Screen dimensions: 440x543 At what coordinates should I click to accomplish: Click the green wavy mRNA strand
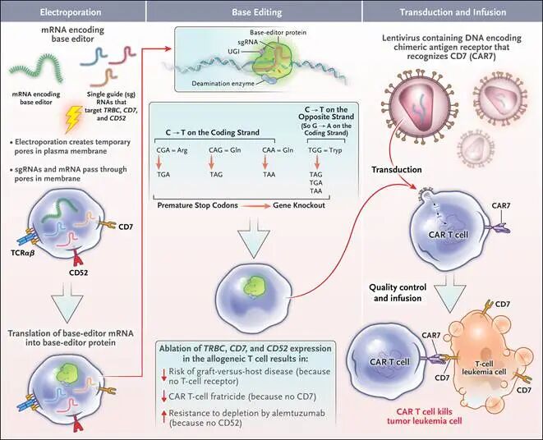39,62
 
